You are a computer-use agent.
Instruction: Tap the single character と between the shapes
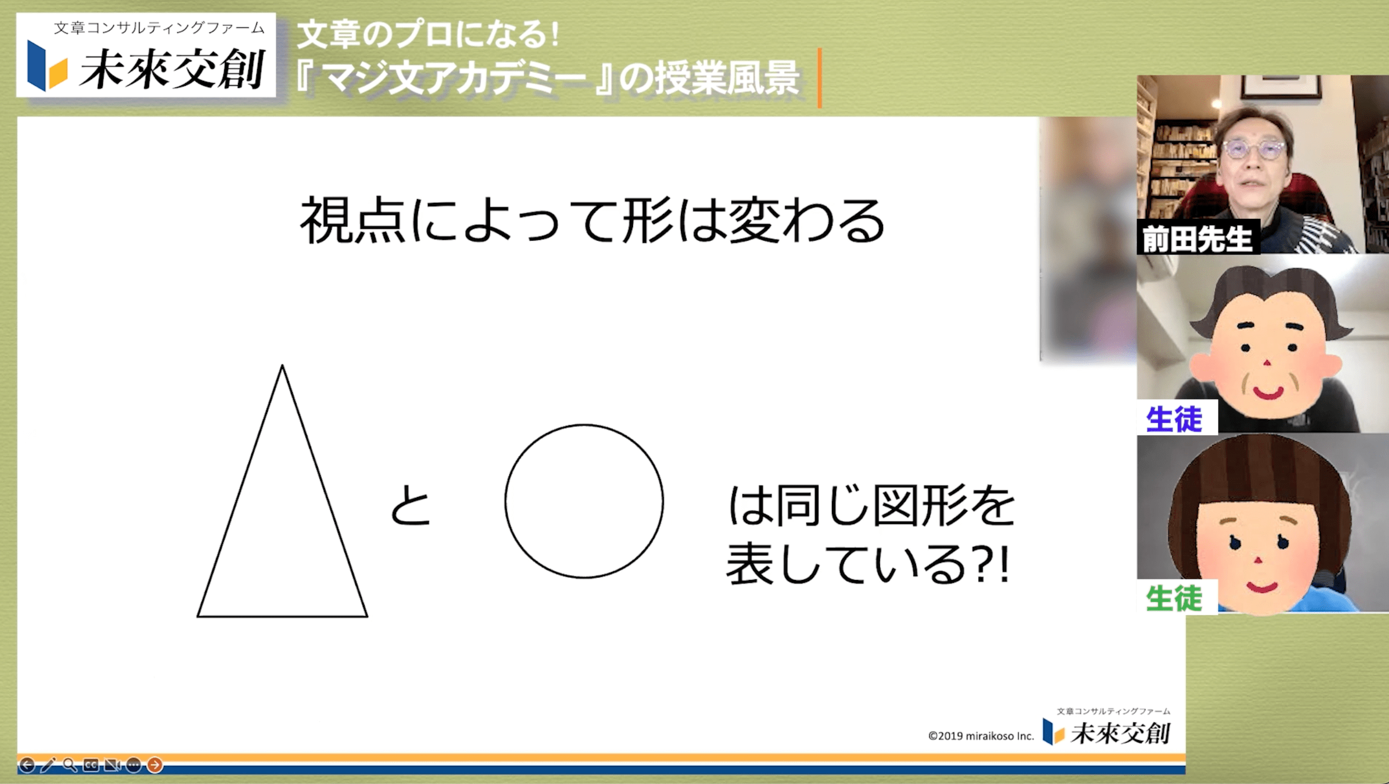(x=410, y=505)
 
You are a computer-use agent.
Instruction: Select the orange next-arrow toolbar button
(x=155, y=764)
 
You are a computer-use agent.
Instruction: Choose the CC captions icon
(x=91, y=765)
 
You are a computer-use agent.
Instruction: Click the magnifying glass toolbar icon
(x=70, y=765)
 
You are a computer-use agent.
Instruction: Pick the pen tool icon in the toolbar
(x=48, y=765)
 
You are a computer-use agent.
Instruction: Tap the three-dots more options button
(x=134, y=765)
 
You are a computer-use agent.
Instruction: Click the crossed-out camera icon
(x=112, y=765)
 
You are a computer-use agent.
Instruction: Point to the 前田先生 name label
(x=1198, y=238)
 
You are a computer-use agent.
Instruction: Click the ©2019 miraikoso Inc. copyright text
(x=981, y=736)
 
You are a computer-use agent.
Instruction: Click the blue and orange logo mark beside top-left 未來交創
(x=47, y=65)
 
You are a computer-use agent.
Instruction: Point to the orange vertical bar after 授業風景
(x=819, y=78)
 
